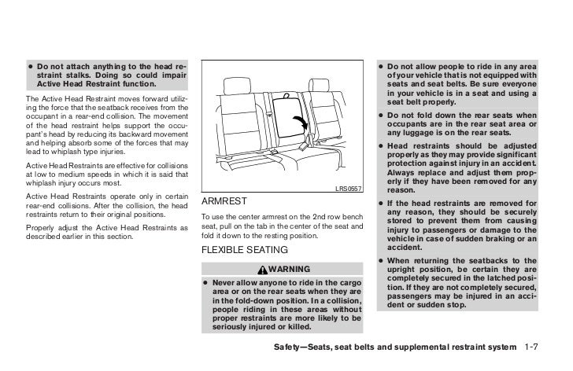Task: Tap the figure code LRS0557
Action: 348,188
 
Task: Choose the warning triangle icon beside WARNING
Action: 264,270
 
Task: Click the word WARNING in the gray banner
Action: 291,270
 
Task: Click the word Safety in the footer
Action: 286,346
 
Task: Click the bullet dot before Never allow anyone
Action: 205,281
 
